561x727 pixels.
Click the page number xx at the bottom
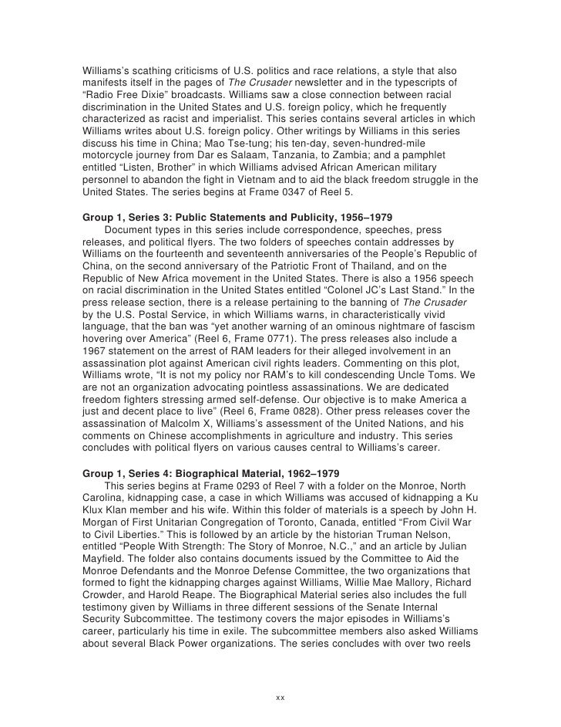(x=280, y=697)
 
